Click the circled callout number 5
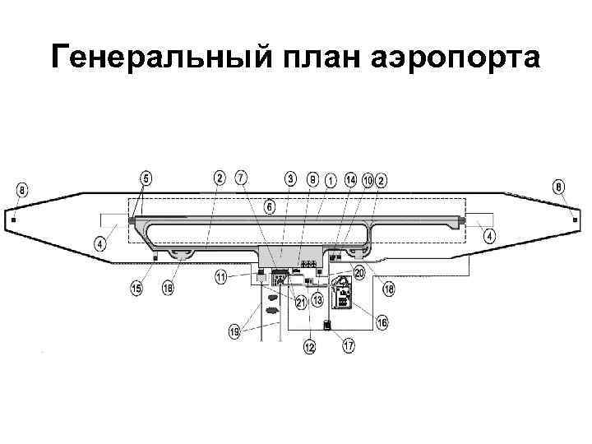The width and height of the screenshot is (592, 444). point(146,178)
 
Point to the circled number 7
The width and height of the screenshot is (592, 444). point(241,178)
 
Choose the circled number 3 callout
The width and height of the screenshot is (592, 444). point(291,178)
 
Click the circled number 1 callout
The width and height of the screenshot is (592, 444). point(330,178)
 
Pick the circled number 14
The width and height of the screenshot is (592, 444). point(350,178)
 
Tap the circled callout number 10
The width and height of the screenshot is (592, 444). point(368,178)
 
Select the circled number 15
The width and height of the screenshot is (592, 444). point(137,288)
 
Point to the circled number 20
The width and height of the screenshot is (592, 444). point(359,272)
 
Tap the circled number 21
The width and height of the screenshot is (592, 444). point(301,303)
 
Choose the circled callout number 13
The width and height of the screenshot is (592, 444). point(317,302)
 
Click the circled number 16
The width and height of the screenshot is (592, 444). point(382,323)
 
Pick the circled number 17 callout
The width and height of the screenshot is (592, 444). point(349,346)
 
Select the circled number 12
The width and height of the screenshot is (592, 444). point(309,348)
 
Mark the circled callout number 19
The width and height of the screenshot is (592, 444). point(234,332)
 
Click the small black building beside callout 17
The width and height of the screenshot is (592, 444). point(327,326)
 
